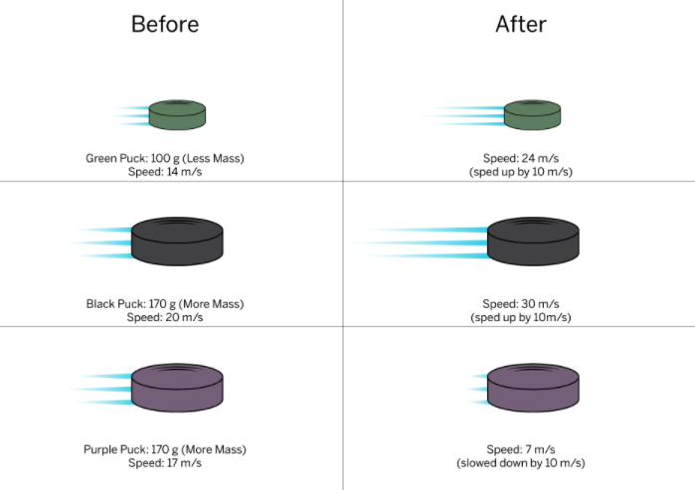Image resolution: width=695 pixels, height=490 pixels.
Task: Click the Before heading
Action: pos(165,24)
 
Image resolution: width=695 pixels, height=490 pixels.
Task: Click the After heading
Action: pos(521,24)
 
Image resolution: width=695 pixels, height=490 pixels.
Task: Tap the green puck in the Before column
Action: pos(179,114)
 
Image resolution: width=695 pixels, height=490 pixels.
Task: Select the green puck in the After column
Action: pos(533,114)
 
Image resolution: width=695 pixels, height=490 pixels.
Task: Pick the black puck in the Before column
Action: pos(177,241)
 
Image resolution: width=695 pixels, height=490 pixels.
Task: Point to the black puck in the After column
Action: pos(533,241)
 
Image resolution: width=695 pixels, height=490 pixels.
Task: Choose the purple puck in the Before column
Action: pos(177,387)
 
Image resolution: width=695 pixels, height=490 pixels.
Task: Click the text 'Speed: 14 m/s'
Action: pos(165,171)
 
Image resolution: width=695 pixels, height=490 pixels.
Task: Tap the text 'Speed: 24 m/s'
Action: pos(521,158)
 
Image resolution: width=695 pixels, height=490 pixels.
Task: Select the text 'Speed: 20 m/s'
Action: pos(165,317)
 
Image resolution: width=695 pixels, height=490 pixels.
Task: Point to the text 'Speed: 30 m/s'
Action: pos(521,304)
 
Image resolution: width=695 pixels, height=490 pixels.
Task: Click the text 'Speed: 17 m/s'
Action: pos(165,463)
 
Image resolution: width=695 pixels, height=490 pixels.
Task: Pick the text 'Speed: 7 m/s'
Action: pos(521,450)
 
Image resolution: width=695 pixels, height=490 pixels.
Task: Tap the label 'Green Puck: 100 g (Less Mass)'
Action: pos(165,158)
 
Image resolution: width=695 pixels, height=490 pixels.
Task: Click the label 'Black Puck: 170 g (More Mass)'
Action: pos(165,304)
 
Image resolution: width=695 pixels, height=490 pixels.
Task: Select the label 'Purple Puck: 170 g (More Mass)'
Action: pos(165,450)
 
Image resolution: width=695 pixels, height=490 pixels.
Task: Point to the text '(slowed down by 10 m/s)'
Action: pos(521,463)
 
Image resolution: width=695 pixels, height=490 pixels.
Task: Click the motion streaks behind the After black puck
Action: pos(423,242)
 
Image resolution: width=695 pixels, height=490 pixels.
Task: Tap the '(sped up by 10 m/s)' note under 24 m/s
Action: pos(521,171)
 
